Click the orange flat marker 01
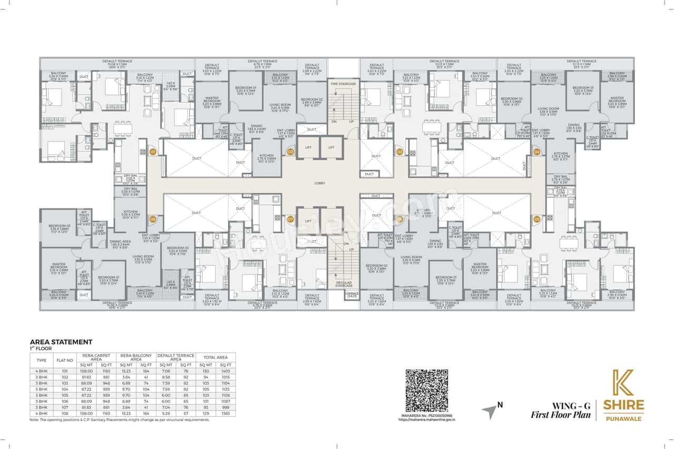click(x=153, y=152)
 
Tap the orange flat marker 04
click(x=537, y=152)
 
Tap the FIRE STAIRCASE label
click(x=340, y=84)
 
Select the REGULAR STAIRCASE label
click(x=343, y=284)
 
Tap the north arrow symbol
click(x=491, y=411)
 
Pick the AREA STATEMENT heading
click(x=61, y=341)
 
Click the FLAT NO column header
click(x=64, y=361)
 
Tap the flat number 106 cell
click(x=64, y=400)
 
